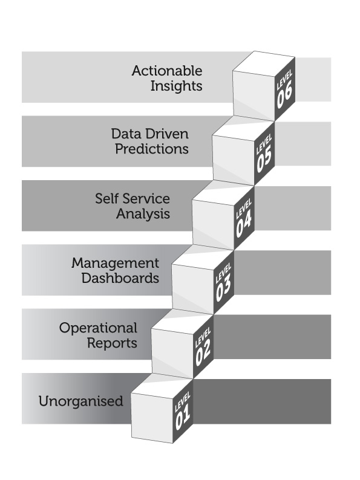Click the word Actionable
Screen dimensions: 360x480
167,71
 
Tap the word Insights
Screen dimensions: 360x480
176,86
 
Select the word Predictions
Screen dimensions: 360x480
152,149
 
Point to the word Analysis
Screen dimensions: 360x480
143,214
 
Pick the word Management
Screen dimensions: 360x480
115,264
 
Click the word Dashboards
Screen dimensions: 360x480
120,278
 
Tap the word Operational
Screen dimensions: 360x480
98,328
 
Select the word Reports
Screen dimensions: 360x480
112,343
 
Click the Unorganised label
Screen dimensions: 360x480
81,401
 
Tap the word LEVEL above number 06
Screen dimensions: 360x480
284,79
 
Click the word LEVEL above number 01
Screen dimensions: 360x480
183,401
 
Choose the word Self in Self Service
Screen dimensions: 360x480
106,199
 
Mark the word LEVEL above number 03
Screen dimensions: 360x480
223,273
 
